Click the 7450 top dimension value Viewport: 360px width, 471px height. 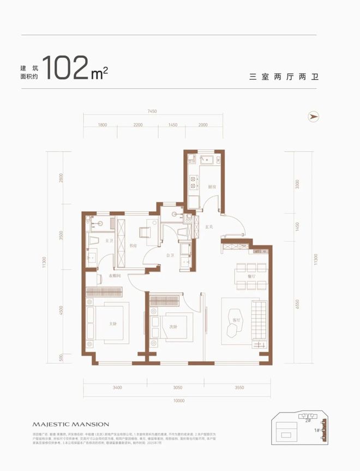152,111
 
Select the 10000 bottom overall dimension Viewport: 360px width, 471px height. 179,401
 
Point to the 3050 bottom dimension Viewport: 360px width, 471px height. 173,388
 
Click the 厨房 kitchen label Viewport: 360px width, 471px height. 212,186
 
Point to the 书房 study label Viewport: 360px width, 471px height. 133,246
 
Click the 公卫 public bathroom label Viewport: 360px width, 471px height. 170,254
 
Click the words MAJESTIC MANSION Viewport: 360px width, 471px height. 71,424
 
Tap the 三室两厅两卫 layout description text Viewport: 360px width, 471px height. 283,77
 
